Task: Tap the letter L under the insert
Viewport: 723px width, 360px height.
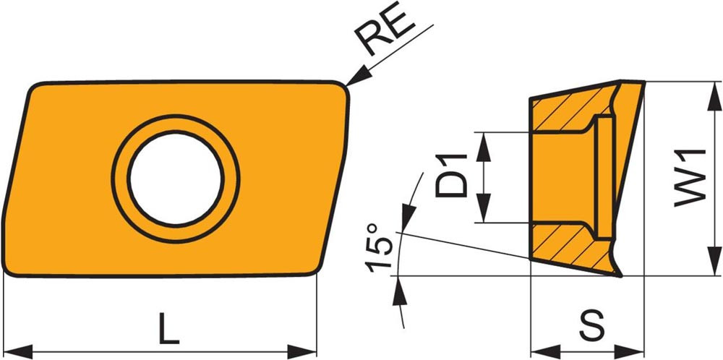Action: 168,329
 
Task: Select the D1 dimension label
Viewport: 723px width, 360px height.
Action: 451,176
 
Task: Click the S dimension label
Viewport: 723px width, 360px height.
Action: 591,326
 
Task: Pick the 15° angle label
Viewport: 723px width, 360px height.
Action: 379,247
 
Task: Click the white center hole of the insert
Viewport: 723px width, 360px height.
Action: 176,179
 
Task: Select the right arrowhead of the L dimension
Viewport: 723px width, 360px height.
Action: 302,351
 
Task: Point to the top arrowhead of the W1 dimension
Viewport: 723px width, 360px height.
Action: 714,96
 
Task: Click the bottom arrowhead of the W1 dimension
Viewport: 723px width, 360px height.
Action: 714,262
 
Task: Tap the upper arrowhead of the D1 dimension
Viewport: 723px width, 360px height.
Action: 483,147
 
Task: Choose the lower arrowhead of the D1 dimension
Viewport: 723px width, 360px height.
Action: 483,208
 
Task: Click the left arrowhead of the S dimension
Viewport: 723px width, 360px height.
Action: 545,351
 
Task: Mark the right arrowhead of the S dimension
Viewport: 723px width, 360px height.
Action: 630,351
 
